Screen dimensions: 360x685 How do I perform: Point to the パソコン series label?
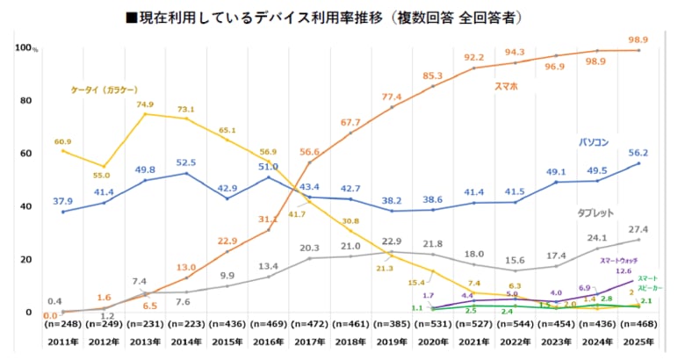tap(594, 140)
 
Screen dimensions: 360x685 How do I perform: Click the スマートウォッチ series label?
tap(618, 261)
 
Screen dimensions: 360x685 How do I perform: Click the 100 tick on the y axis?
tap(24, 47)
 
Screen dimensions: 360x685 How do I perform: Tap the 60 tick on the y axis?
tap(25, 154)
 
